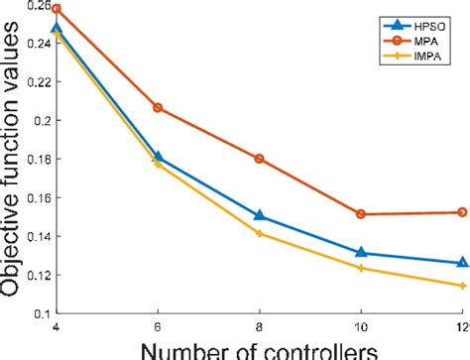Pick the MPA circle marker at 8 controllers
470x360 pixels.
tap(260, 159)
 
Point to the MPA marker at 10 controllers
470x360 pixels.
tap(361, 214)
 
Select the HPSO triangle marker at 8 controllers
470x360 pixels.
tap(260, 215)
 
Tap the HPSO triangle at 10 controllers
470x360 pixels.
tap(361, 252)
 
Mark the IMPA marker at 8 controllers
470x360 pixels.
tap(260, 233)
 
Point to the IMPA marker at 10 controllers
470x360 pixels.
tap(361, 268)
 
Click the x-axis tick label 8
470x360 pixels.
tap(260, 326)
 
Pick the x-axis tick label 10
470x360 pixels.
tap(361, 326)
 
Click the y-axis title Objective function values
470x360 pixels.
tap(11, 164)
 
